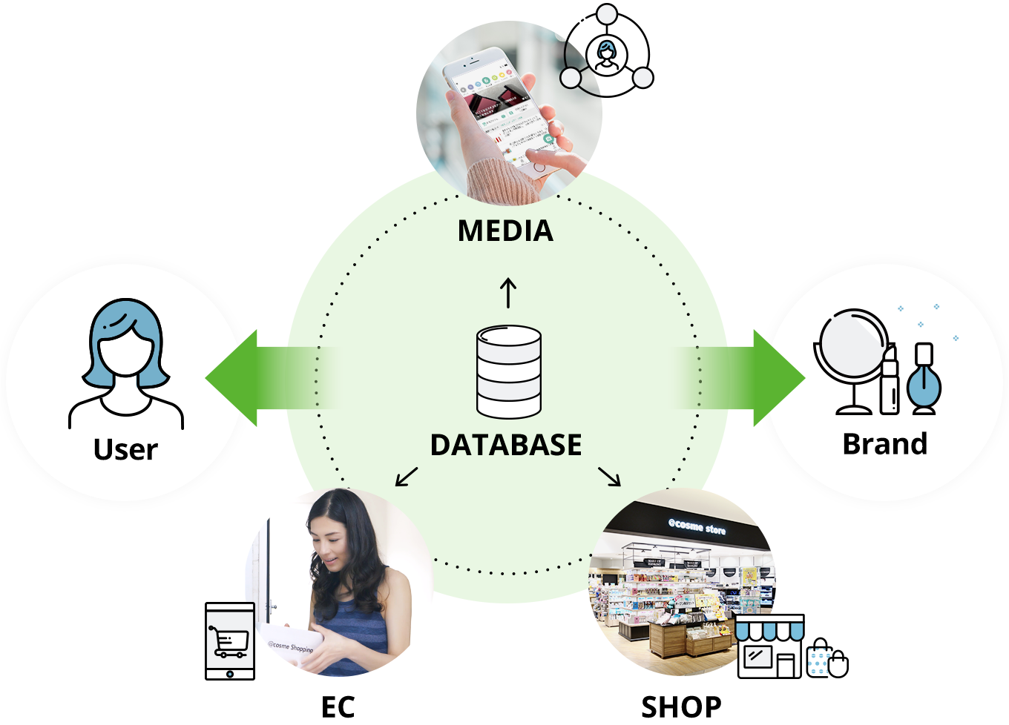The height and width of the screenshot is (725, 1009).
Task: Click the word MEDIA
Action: click(505, 231)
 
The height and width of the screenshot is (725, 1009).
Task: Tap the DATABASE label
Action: click(506, 445)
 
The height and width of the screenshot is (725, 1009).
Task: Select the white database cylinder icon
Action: click(508, 371)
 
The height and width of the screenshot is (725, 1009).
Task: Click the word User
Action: click(125, 449)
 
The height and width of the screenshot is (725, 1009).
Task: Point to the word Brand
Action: click(885, 443)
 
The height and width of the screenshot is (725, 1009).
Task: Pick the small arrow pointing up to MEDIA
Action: click(508, 293)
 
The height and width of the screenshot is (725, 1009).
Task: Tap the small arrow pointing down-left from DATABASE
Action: click(406, 477)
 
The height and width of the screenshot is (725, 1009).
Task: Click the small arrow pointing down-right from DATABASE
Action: click(610, 477)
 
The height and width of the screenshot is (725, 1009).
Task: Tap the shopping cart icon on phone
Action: click(229, 641)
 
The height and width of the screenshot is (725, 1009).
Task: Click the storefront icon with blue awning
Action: click(769, 646)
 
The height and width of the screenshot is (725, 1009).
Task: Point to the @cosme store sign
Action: click(697, 526)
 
